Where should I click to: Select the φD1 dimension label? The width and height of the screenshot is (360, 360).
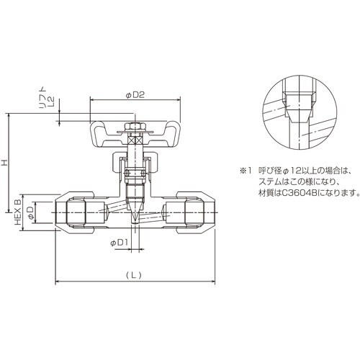[x=120, y=243]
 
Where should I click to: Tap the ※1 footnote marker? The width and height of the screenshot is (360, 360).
[x=245, y=171]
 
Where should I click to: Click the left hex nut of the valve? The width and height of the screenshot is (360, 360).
[x=76, y=212]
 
